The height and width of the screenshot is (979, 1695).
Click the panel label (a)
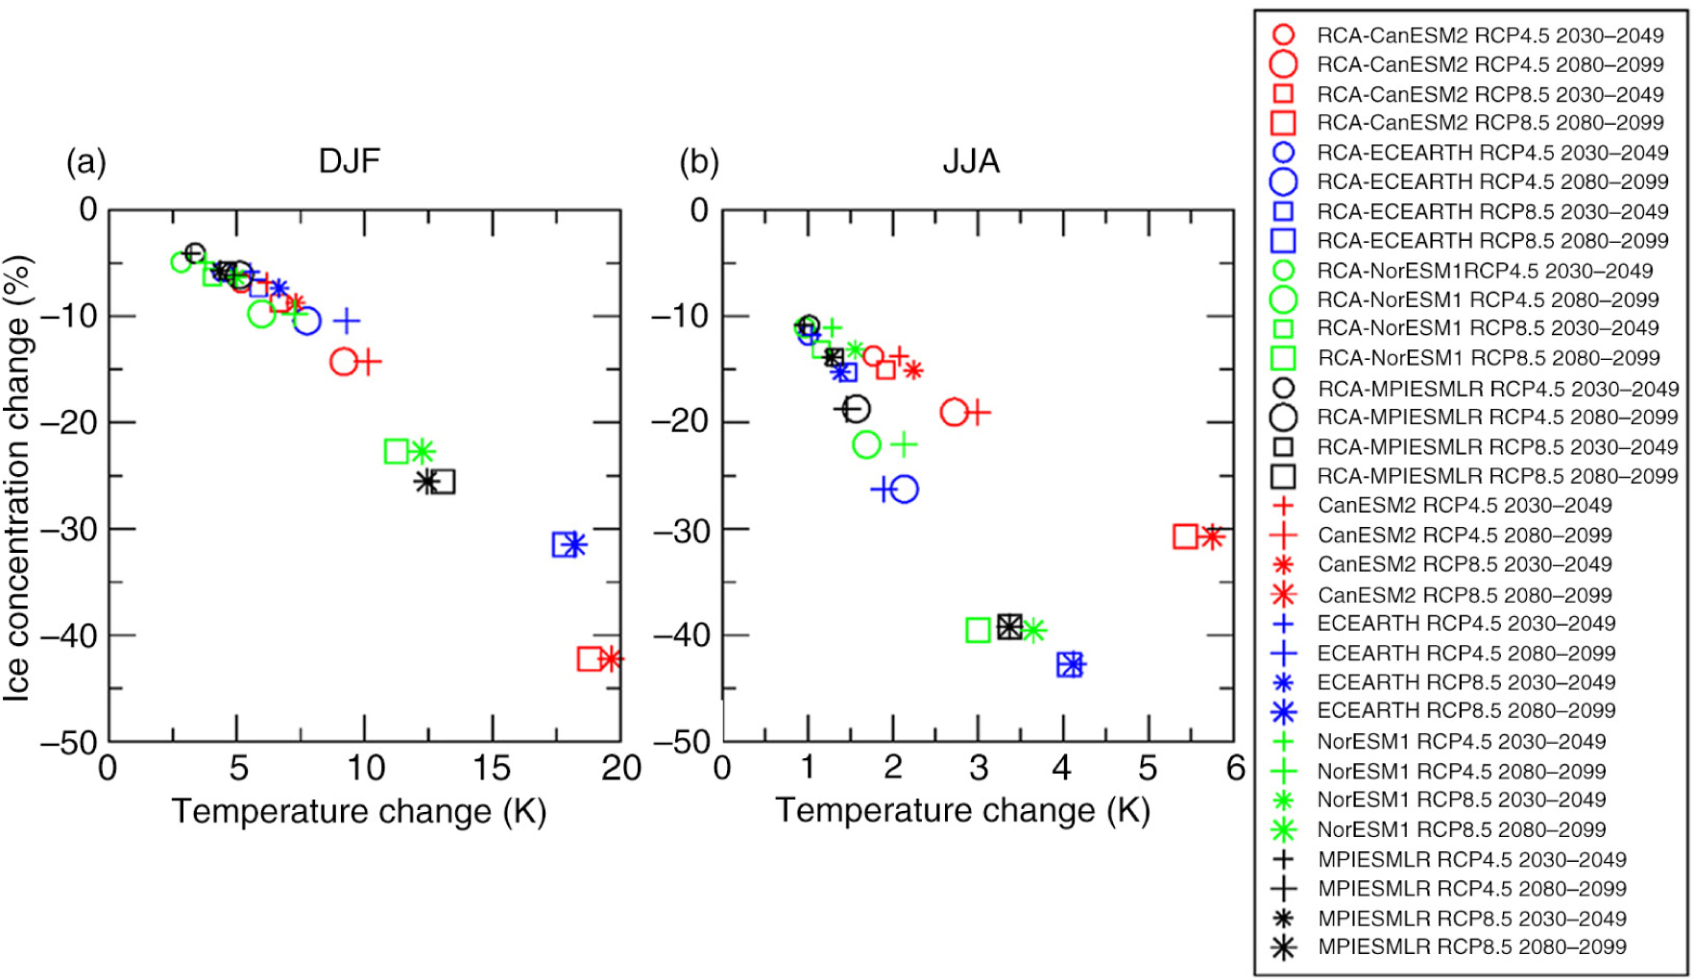(85, 161)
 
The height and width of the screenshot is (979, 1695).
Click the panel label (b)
(698, 161)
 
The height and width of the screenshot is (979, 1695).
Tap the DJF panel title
(349, 159)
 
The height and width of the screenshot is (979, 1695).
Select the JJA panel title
(971, 160)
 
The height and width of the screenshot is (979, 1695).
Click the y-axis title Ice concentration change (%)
(17, 477)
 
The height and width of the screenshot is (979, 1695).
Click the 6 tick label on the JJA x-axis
(1235, 767)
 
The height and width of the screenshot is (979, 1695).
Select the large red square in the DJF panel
(590, 658)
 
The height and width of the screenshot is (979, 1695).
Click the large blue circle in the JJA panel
(905, 489)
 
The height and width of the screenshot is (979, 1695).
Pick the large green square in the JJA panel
(978, 630)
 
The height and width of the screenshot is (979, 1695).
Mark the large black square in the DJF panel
(442, 481)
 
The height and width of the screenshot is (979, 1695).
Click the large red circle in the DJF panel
(343, 362)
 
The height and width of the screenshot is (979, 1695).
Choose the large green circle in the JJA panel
(866, 444)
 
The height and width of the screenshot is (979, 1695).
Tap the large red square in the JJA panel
(1185, 537)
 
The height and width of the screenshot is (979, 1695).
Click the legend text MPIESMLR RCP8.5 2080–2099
(1471, 947)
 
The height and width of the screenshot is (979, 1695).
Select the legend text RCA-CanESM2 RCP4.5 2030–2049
(1489, 36)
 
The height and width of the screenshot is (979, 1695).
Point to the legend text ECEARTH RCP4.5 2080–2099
(1465, 653)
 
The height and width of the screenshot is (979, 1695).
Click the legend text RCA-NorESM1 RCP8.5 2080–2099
(1488, 358)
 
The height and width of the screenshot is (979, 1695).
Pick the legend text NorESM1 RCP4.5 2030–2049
(1461, 741)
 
